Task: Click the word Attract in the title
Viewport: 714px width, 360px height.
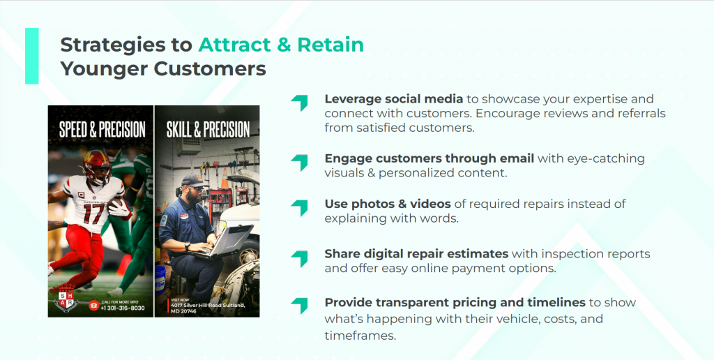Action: [234, 45]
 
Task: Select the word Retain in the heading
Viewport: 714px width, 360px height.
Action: [331, 45]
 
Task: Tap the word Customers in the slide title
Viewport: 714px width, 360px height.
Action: [210, 69]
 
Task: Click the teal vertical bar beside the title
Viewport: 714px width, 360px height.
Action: [32, 56]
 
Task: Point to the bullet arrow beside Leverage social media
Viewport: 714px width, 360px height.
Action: [300, 103]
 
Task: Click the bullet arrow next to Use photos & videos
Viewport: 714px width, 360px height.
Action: [300, 208]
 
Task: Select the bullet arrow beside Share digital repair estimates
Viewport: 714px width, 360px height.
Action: [300, 258]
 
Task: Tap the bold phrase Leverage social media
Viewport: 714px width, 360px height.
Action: [394, 99]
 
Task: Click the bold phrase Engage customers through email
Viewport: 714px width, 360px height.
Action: [430, 158]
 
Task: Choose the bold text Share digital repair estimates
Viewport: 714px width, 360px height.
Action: [417, 254]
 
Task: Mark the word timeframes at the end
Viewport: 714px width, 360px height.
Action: [360, 336]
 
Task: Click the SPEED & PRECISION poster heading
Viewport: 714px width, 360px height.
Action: [102, 129]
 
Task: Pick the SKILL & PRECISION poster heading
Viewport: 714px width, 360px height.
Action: [208, 129]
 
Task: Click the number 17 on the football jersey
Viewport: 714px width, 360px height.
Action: [93, 213]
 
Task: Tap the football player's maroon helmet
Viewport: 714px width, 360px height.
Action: [97, 166]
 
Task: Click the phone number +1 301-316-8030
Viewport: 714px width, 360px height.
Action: [123, 308]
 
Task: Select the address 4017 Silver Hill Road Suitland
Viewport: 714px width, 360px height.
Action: [208, 305]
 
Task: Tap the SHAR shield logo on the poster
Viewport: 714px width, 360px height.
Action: [66, 299]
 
